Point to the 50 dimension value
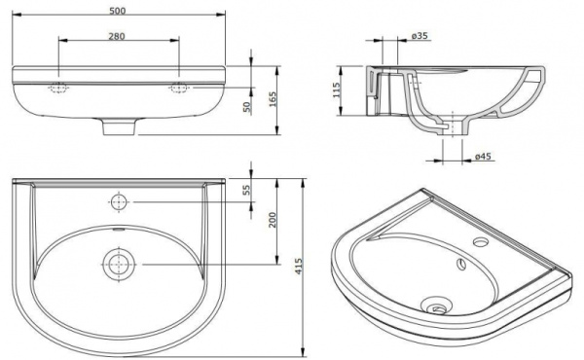[x=249, y=107]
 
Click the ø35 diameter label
[x=420, y=36]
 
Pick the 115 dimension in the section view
[x=336, y=91]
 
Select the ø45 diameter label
[x=481, y=156]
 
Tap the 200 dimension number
[x=274, y=221]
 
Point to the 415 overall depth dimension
[x=299, y=265]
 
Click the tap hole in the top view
[x=119, y=202]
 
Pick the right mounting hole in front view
[x=179, y=88]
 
